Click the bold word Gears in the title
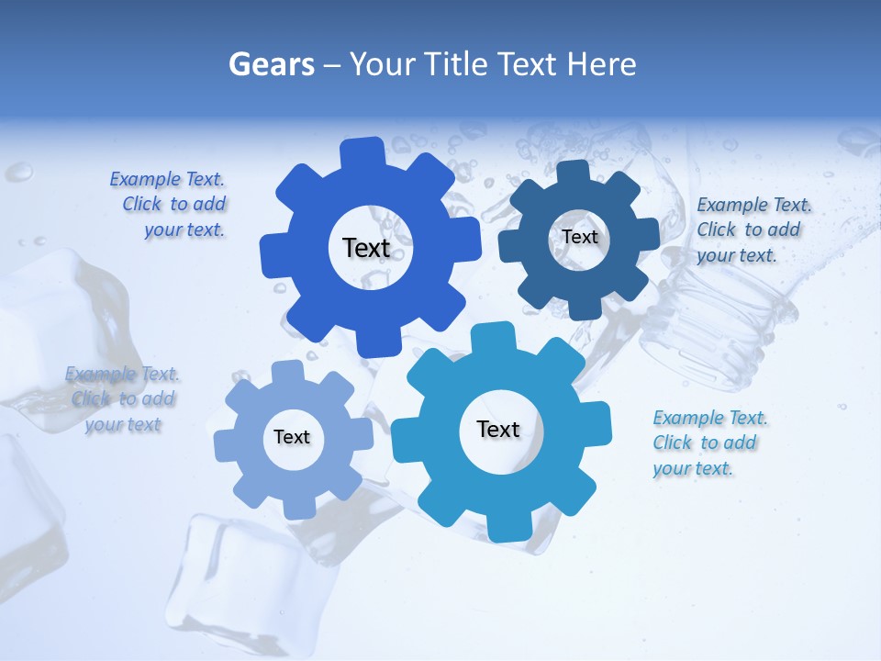pyautogui.click(x=271, y=64)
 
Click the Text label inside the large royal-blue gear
pyautogui.click(x=366, y=248)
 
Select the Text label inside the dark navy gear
pyautogui.click(x=579, y=237)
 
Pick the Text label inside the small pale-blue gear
pyautogui.click(x=292, y=437)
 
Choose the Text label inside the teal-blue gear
pyautogui.click(x=498, y=429)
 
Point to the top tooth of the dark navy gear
pyautogui.click(x=574, y=173)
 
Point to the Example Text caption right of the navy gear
pyautogui.click(x=753, y=230)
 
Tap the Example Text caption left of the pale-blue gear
pyautogui.click(x=123, y=398)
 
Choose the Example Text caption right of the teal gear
pyautogui.click(x=708, y=443)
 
